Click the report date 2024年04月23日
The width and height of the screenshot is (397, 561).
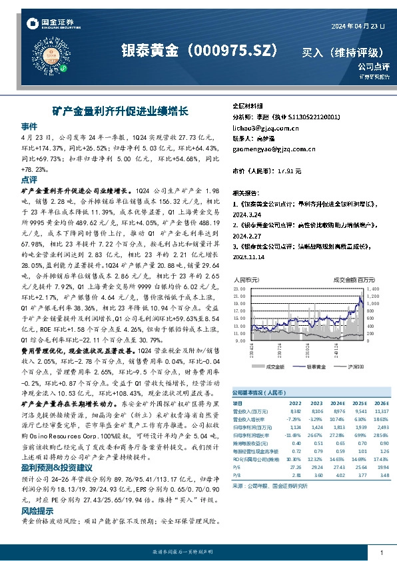pyautogui.click(x=358, y=25)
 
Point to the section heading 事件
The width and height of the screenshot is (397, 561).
pyautogui.click(x=29, y=125)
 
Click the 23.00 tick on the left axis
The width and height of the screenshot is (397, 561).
pyautogui.click(x=239, y=289)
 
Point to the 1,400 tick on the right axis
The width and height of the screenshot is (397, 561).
pyautogui.click(x=373, y=289)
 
